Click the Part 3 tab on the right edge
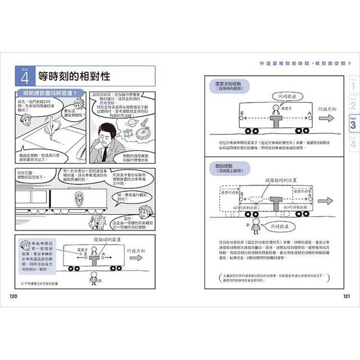pyautogui.click(x=353, y=124)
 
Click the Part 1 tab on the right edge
pyautogui.click(x=353, y=85)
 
